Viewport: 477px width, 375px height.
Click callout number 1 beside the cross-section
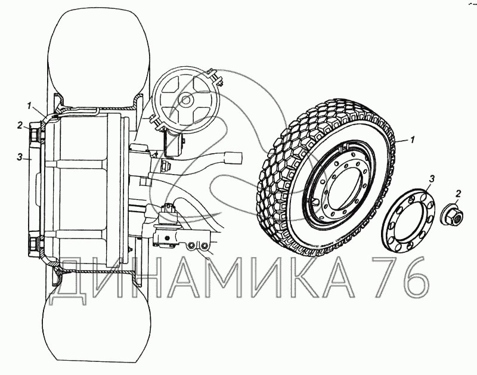(x=29, y=106)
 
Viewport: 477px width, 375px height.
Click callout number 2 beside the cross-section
(x=20, y=125)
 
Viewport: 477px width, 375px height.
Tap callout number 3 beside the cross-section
(x=20, y=157)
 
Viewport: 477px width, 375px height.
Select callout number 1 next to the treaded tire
(x=412, y=140)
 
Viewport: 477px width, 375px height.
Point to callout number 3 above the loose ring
(x=431, y=179)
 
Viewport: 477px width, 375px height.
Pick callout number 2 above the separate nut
(x=458, y=194)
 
